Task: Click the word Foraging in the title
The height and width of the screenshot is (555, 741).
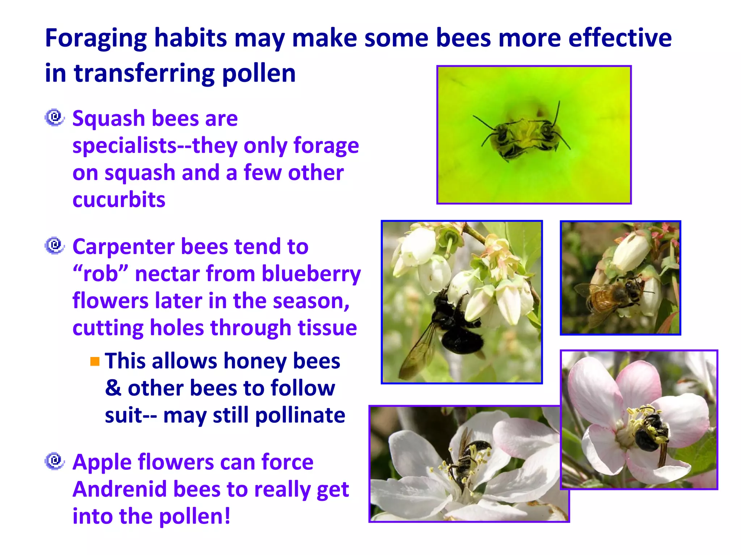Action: pos(96,39)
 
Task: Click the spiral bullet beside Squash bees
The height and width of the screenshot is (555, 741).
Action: pos(55,117)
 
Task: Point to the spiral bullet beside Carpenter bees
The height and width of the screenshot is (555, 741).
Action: pos(55,246)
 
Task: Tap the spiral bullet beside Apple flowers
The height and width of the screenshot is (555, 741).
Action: pos(55,461)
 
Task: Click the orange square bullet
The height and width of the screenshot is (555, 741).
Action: pos(95,361)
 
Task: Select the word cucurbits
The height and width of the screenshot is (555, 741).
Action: pos(119,200)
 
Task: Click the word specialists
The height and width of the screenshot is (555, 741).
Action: pos(124,146)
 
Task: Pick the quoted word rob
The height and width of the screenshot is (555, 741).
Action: pos(101,274)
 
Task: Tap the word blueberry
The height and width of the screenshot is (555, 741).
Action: pos(311,274)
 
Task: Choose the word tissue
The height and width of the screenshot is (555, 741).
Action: pos(327,328)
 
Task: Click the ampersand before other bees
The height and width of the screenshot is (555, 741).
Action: pos(113,388)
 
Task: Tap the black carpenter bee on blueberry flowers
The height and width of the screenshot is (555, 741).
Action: pos(452,322)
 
